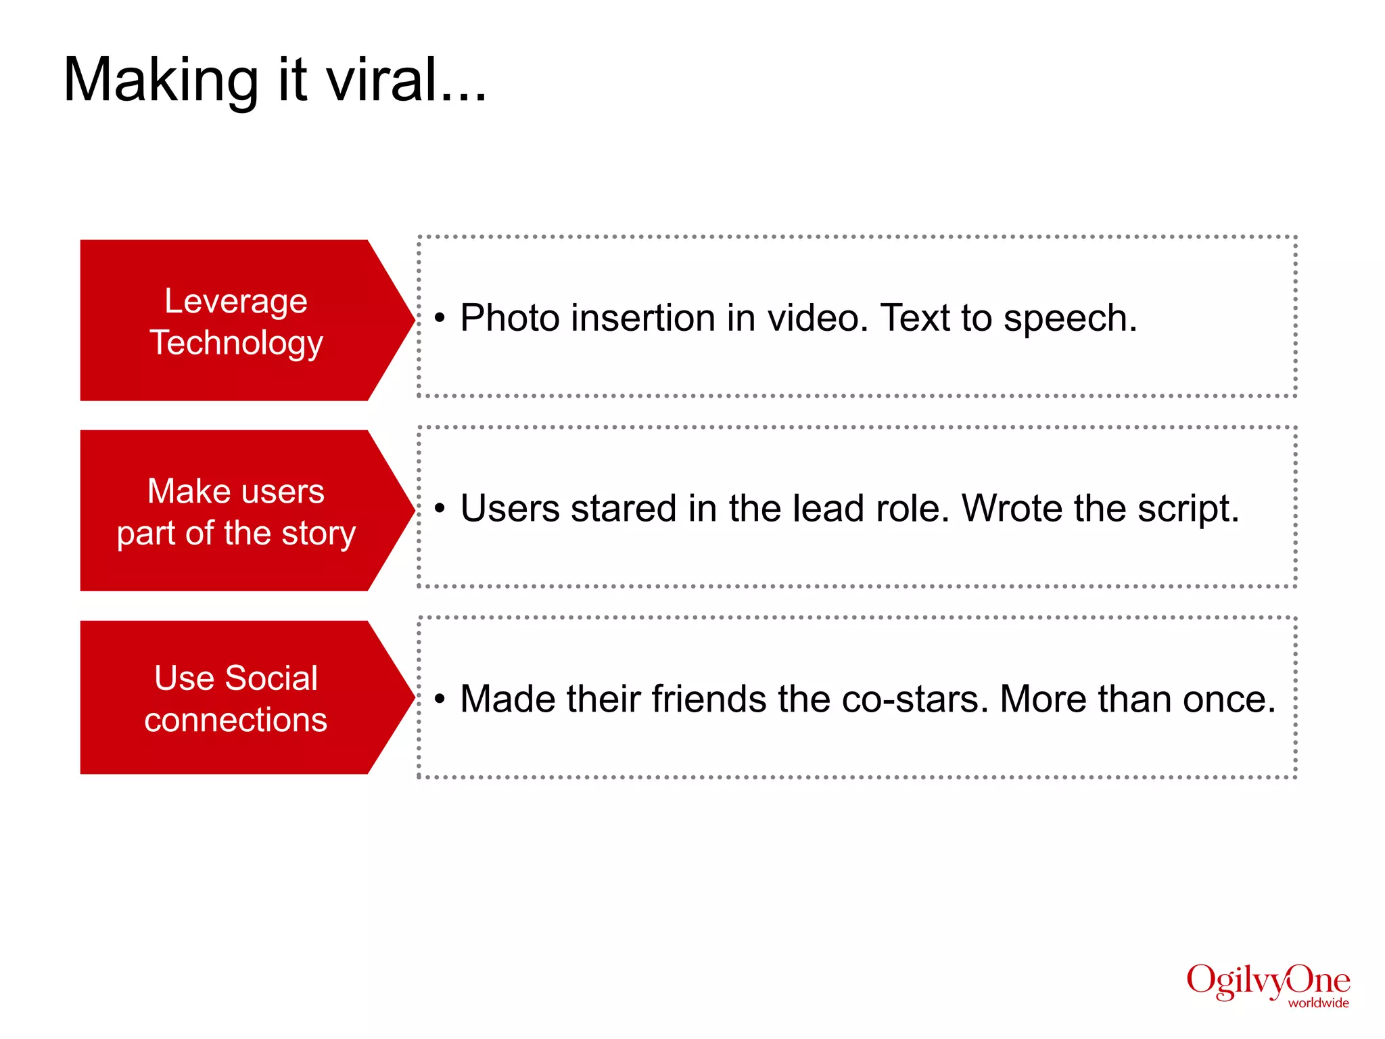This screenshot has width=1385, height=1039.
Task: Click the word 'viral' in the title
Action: (383, 80)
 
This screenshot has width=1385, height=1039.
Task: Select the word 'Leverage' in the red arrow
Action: (236, 301)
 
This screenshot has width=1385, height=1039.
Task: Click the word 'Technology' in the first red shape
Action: (236, 342)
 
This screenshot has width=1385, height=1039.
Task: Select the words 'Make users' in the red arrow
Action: (236, 491)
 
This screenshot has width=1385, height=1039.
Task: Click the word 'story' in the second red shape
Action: (319, 534)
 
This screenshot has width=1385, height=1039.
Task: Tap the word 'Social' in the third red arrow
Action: (271, 678)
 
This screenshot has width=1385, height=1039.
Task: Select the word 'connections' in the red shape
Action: (235, 720)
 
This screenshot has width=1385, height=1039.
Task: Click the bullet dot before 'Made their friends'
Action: (440, 699)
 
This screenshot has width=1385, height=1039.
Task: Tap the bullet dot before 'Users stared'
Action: (440, 508)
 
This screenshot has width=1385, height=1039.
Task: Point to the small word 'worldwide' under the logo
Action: (1318, 1003)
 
